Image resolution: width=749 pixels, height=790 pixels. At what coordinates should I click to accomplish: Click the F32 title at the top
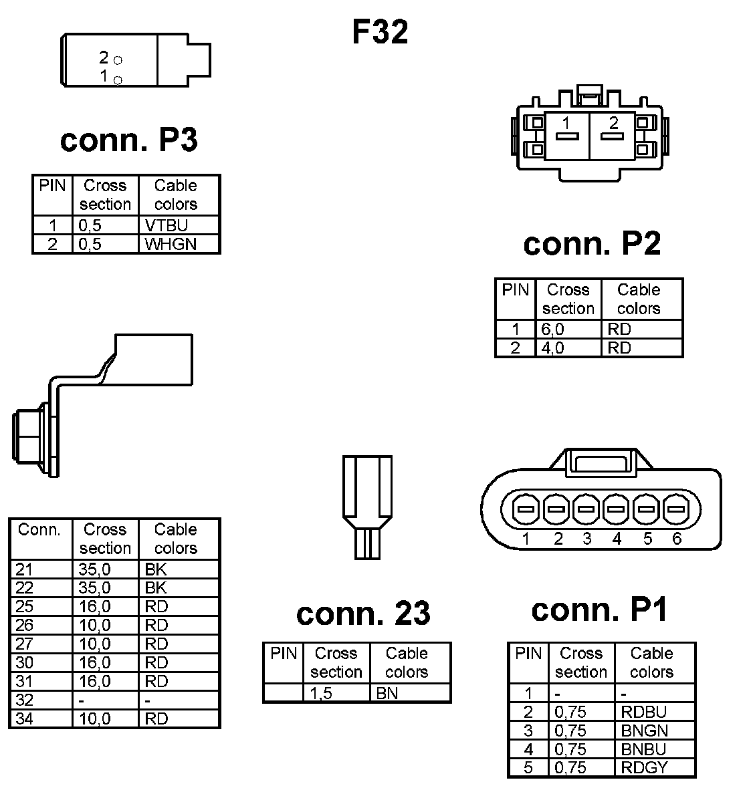380,32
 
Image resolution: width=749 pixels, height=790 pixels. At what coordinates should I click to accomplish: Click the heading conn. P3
129,140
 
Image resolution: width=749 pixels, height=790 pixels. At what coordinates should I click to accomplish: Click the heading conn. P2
592,244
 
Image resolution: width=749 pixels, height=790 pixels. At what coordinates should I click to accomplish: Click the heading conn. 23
363,614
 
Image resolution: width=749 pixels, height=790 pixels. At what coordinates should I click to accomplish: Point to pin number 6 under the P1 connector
677,539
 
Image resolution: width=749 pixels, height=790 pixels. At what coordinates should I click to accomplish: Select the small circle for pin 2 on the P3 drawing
118,60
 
